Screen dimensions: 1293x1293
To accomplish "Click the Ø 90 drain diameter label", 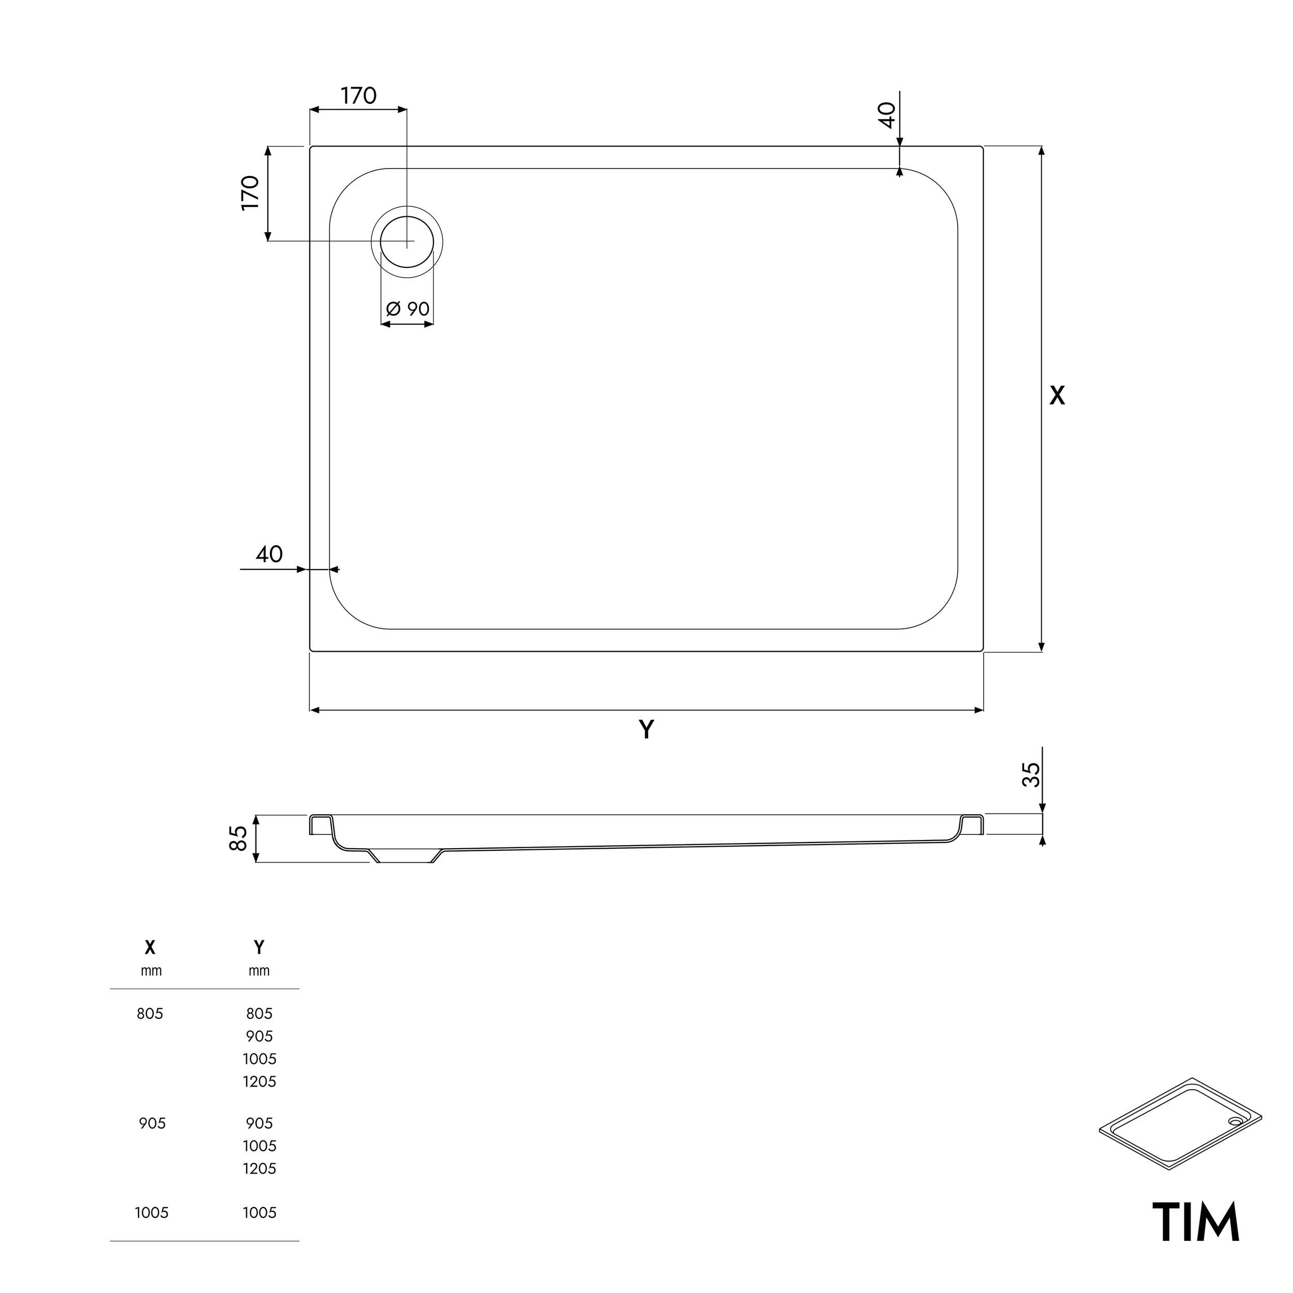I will pos(408,309).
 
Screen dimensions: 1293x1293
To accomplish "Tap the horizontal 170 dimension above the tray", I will pos(359,96).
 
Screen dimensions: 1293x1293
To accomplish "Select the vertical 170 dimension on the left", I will pos(250,193).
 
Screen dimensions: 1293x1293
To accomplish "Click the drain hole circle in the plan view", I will pos(407,242).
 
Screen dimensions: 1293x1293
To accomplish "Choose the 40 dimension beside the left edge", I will pos(269,554).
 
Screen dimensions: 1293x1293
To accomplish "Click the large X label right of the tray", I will pos(1057,396).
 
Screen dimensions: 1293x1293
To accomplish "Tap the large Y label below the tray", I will pos(646,729).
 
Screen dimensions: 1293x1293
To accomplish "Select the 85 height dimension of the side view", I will pos(239,838).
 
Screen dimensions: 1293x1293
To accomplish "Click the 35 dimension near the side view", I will pos(1032,774).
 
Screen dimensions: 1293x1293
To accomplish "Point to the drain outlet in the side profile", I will pos(405,856).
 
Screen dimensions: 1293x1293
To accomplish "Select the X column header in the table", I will pos(151,948).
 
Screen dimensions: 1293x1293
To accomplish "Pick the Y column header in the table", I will pos(259,948).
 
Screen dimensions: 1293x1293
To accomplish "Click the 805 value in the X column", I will pos(150,1014).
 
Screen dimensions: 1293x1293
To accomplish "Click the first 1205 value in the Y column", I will pos(260,1081).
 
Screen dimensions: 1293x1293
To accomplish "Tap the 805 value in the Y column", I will pos(260,1014).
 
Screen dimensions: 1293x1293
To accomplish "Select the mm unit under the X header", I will pos(151,971).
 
